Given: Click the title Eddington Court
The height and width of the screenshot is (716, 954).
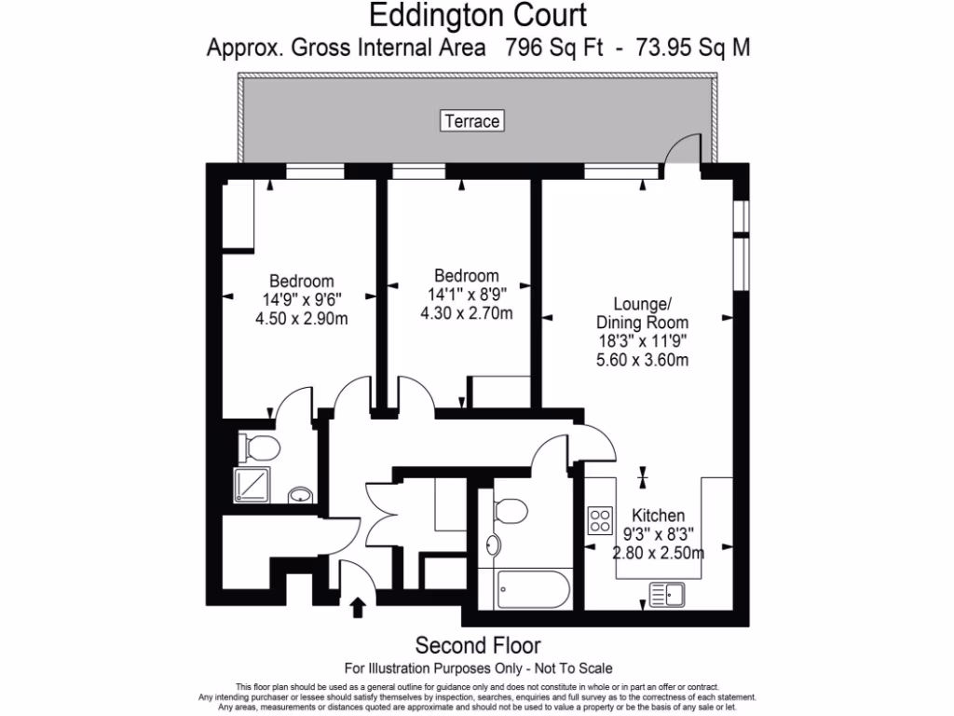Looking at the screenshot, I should [478, 16].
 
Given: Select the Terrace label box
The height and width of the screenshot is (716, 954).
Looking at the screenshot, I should [472, 121].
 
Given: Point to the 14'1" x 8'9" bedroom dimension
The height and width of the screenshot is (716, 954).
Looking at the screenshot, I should [466, 295].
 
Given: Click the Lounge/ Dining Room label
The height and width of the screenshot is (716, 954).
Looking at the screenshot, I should [642, 313].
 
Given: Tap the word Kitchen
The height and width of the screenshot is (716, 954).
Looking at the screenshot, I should [659, 516].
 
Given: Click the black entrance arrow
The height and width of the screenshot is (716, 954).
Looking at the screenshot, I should [357, 609].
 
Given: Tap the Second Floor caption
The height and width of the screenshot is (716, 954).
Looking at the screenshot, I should [477, 645].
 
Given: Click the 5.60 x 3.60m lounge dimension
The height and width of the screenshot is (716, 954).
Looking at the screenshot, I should [642, 360].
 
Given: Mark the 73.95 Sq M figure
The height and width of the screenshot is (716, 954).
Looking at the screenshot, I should [692, 48].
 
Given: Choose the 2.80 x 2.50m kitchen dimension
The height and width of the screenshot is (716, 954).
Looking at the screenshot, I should [658, 552].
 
